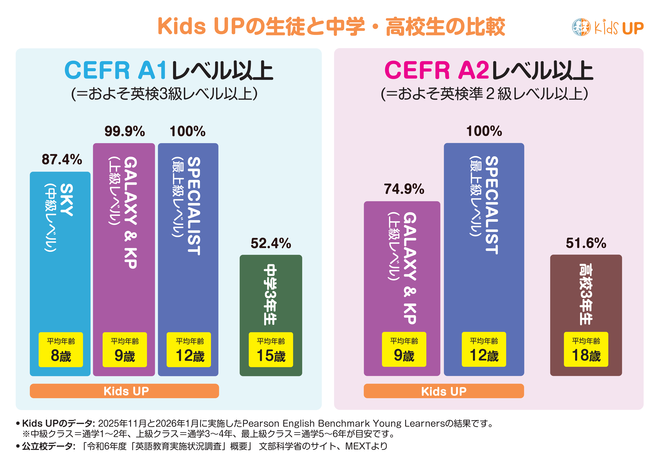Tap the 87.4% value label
[62, 159]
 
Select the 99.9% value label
[125, 131]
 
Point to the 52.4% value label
[271, 243]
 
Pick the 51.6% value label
[586, 243]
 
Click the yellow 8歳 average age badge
[61, 350]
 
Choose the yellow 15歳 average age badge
[271, 350]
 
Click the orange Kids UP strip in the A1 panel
[124, 391]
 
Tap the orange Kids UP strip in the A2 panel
[444, 391]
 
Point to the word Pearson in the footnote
[261, 423]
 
